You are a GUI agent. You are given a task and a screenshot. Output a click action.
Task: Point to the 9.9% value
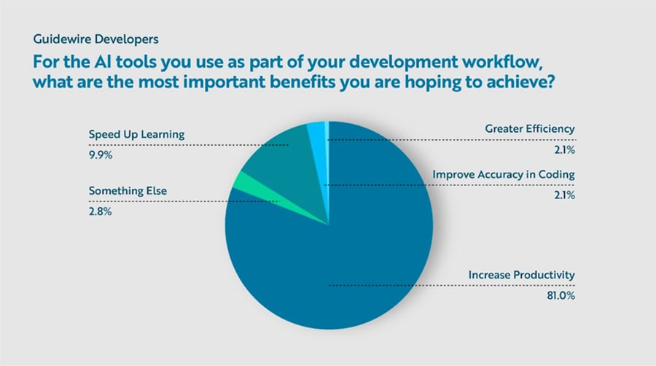point(101,155)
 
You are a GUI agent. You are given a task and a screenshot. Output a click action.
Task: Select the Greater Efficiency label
point(530,129)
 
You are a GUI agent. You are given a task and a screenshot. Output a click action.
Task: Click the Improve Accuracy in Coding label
point(504,175)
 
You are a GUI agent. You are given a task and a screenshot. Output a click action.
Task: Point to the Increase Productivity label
point(520,275)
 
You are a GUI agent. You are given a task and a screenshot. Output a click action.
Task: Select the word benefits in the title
point(317,80)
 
